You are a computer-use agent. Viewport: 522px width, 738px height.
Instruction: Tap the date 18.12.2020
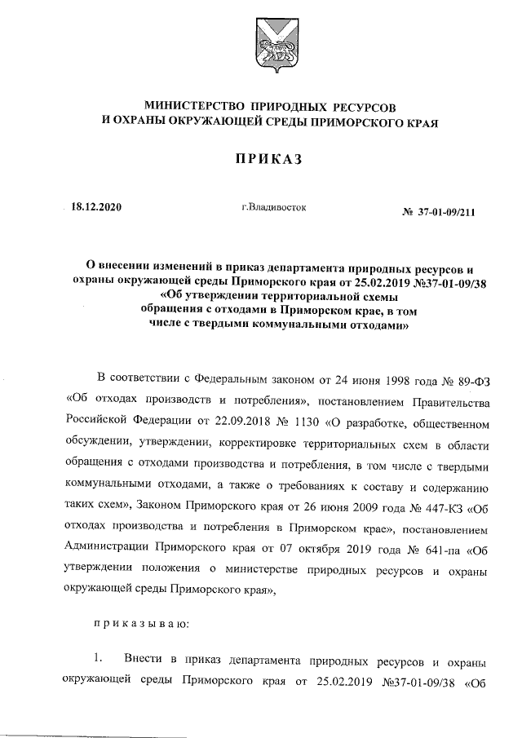[x=96, y=208]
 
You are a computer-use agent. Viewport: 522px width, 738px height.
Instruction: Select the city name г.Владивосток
[x=273, y=207]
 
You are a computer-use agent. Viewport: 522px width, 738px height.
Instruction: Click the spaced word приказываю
[x=142, y=623]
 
